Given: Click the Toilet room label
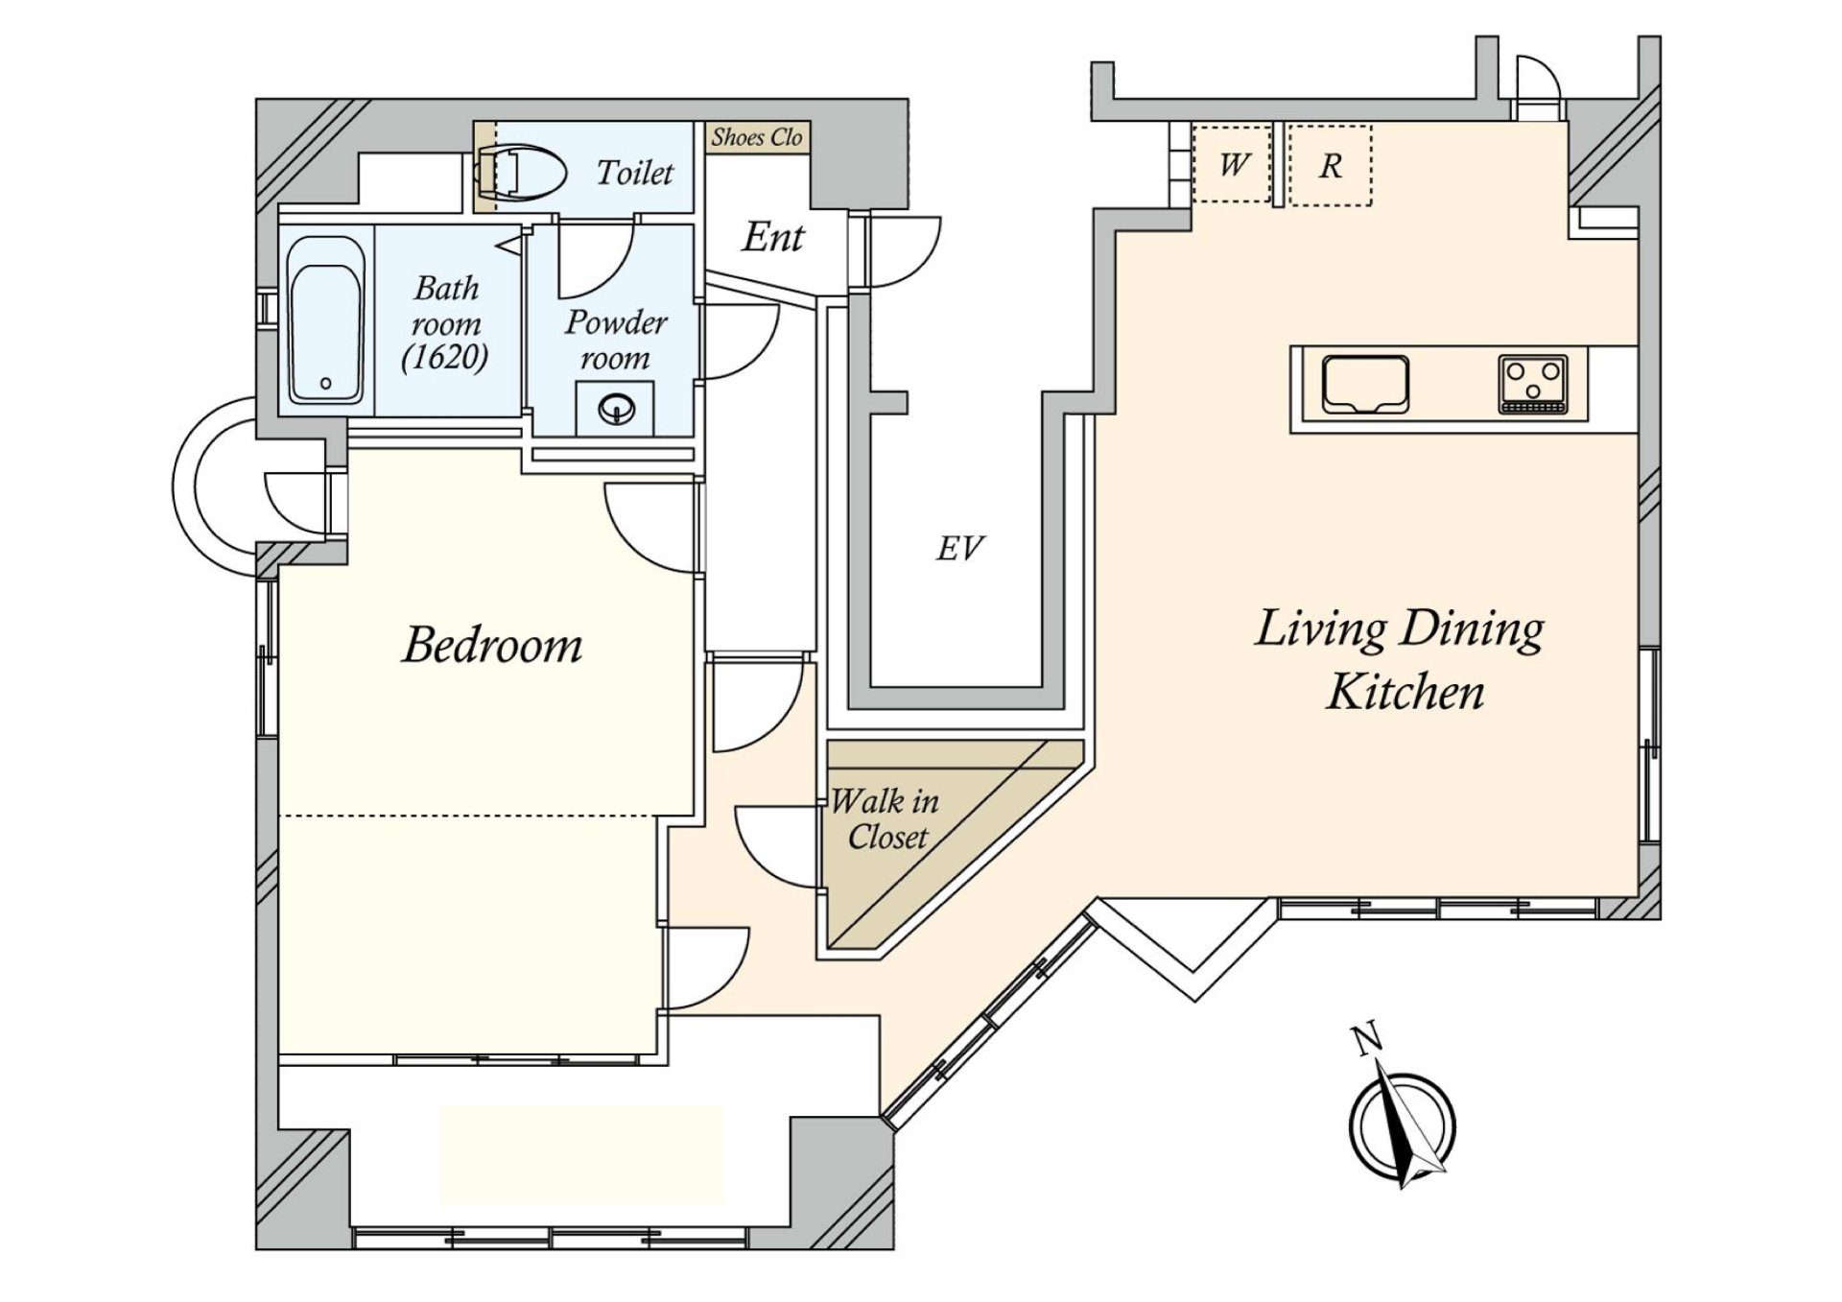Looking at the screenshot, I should point(634,173).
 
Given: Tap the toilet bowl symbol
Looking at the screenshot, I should point(518,173).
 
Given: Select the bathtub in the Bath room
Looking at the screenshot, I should point(326,320).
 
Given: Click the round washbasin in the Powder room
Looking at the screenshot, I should point(615,411).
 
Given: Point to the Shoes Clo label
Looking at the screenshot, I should point(756,137).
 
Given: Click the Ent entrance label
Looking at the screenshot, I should point(772,236).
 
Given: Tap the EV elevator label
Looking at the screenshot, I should point(959,548).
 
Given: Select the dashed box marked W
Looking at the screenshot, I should point(1232,165).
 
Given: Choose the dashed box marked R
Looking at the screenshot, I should point(1330,165).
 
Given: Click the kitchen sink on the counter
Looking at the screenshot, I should point(1364,384).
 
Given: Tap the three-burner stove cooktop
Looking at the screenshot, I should point(1532,385).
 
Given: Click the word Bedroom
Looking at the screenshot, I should point(492,645).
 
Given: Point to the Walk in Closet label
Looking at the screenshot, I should point(885,818).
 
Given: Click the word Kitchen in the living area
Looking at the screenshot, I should point(1405,692).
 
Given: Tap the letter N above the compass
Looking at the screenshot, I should point(1365,1038).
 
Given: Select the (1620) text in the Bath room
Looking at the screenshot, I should point(444,357).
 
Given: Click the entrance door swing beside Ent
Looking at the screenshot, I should point(902,251).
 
